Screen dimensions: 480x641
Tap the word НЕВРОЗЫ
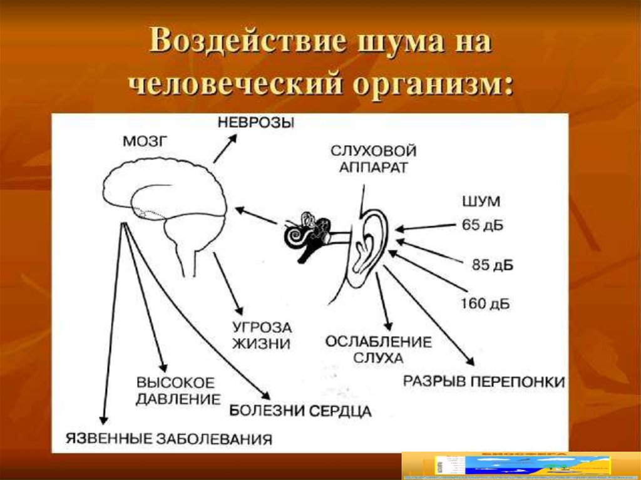[x=255, y=122]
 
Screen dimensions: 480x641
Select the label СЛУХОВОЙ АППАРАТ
[x=373, y=160]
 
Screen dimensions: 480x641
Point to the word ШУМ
[x=481, y=202]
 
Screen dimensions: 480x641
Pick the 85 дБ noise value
[x=493, y=265]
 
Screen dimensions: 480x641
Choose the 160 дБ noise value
[x=485, y=305]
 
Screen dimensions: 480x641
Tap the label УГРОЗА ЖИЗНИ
[x=262, y=335]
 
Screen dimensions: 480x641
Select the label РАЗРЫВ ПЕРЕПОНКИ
[x=483, y=381]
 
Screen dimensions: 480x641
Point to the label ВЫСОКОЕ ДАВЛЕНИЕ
[x=178, y=390]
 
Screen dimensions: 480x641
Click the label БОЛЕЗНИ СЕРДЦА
[x=299, y=411]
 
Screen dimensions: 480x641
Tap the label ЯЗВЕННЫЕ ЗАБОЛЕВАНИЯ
[x=170, y=439]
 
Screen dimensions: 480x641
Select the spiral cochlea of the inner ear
[x=294, y=236]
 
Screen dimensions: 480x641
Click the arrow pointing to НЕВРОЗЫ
[x=225, y=150]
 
